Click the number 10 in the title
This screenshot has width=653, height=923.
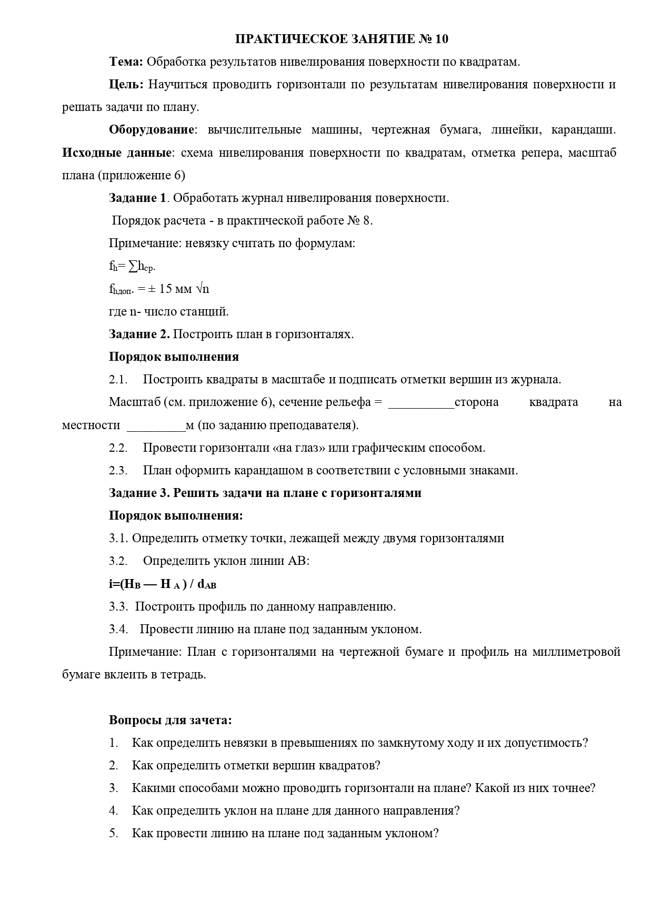[x=441, y=39]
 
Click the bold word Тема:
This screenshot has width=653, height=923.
[x=126, y=62]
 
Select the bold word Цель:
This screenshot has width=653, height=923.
[x=126, y=84]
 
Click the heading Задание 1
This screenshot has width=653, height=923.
[x=137, y=198]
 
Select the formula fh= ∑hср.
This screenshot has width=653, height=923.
[x=132, y=267]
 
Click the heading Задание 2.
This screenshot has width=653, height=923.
[x=139, y=334]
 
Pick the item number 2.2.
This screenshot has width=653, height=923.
[x=118, y=448]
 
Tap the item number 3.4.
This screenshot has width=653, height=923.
[x=118, y=629]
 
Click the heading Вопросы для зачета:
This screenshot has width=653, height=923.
[x=170, y=720]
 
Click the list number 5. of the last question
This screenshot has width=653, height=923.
[x=114, y=833]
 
